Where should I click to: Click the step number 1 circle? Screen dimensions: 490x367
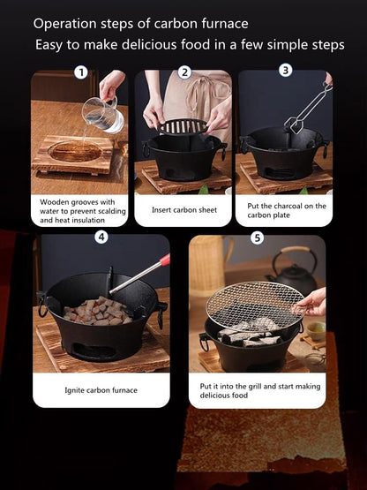[81, 72]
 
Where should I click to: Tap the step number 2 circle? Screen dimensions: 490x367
[184, 72]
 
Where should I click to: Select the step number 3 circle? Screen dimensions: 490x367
[285, 70]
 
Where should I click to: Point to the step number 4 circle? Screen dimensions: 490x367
[101, 237]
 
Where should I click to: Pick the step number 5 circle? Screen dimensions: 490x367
[257, 237]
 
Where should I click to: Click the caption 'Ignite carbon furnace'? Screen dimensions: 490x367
[101, 389]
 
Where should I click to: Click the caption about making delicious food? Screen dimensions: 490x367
[257, 390]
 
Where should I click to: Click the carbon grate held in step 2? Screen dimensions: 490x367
[183, 126]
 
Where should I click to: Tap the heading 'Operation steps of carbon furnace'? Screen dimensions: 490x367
[140, 23]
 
